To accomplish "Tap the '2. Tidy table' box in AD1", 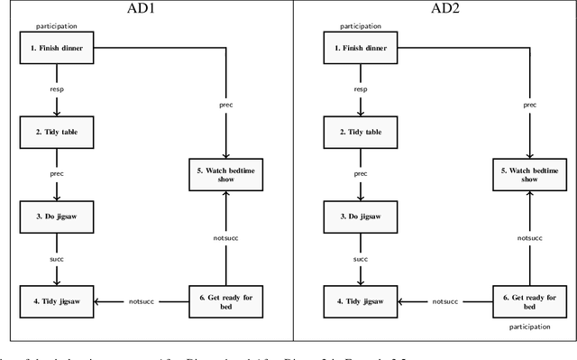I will coord(57,131).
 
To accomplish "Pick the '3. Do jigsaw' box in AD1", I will coord(57,217).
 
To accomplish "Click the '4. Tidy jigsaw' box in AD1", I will coord(57,300).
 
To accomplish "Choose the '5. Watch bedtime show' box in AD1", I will coord(224,173).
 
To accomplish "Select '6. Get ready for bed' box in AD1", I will coord(224,300).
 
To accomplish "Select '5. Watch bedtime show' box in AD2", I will coord(528,173).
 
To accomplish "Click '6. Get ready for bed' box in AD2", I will coord(528,300).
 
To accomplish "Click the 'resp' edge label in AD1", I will coord(57,89).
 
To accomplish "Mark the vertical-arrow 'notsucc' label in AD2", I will coord(529,237).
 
